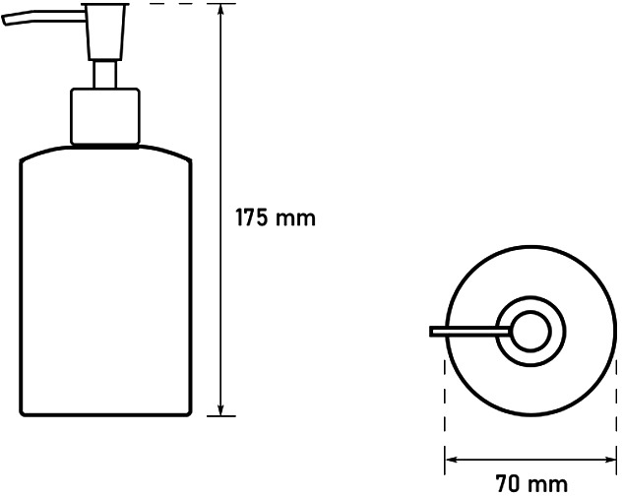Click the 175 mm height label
[276, 217]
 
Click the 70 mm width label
[531, 484]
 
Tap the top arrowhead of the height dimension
[221, 11]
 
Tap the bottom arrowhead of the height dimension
[221, 409]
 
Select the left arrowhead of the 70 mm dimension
[452, 460]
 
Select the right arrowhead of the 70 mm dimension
[609, 460]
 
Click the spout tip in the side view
[4, 21]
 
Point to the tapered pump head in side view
[105, 31]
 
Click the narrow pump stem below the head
[105, 75]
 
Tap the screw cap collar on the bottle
[105, 117]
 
